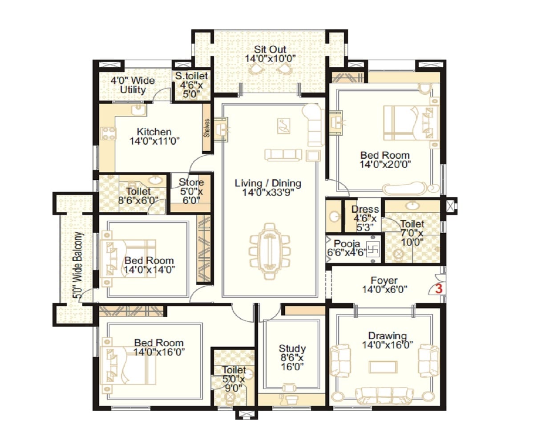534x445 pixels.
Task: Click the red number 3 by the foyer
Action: coord(438,288)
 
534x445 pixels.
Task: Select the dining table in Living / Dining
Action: coord(269,251)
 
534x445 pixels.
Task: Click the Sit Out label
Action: coord(270,53)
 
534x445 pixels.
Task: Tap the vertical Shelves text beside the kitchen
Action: coord(207,128)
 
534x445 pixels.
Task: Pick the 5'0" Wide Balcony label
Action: coord(78,266)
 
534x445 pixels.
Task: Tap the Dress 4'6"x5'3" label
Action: coord(365,218)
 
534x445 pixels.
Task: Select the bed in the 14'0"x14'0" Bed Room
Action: coord(129,258)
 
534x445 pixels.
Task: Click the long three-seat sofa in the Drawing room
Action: coord(384,394)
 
